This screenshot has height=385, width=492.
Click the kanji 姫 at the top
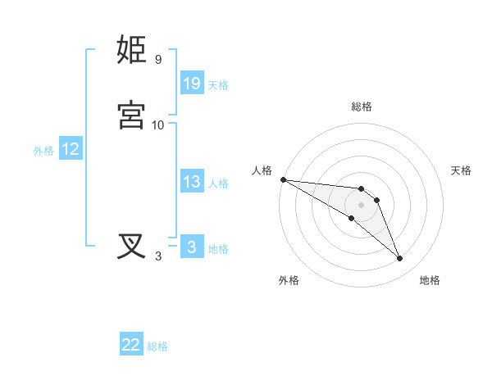[x=132, y=50]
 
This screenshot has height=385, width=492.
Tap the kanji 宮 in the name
[x=132, y=115]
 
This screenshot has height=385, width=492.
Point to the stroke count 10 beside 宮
[x=158, y=125]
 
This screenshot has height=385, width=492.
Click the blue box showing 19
[x=192, y=84]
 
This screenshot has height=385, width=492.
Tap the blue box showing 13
[x=192, y=182]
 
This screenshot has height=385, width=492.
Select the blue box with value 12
[x=71, y=149]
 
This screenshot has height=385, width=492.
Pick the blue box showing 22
[x=131, y=345]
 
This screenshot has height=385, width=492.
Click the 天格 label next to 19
[x=218, y=85]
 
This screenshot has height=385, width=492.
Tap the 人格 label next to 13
[x=218, y=183]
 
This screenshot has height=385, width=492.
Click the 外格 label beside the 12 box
[x=43, y=151]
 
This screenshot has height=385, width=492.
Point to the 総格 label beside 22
[x=157, y=346]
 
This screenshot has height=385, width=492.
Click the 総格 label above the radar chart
[x=362, y=106]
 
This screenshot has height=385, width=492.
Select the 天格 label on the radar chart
[x=462, y=170]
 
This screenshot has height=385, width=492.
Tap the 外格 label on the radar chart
[x=289, y=280]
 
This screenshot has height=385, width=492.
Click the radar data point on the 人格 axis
[x=283, y=179]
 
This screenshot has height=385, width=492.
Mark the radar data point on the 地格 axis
[x=400, y=259]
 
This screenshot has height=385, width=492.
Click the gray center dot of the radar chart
[x=362, y=205]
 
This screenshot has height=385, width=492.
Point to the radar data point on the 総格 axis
[x=362, y=188]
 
